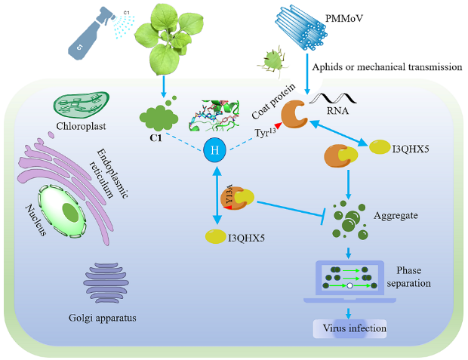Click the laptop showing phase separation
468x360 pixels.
point(348,280)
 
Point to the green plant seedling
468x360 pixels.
point(162,38)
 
